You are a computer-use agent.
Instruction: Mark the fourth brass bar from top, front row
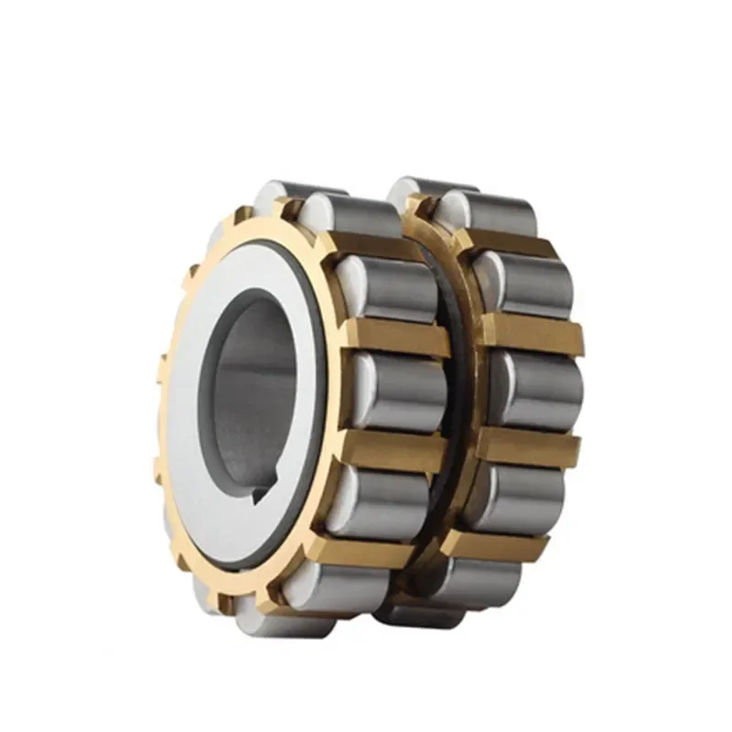[x=366, y=546]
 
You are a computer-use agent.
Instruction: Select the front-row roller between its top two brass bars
[x=393, y=288]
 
